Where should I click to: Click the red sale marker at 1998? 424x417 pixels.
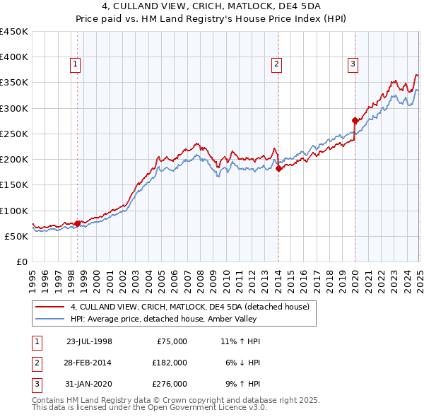(x=78, y=223)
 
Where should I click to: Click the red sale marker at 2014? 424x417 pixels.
(x=278, y=168)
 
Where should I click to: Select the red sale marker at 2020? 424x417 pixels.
(x=355, y=120)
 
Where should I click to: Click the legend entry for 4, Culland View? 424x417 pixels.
(x=189, y=307)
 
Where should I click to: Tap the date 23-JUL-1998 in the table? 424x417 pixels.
(x=88, y=341)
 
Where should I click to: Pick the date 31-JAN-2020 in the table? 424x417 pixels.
(x=88, y=384)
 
